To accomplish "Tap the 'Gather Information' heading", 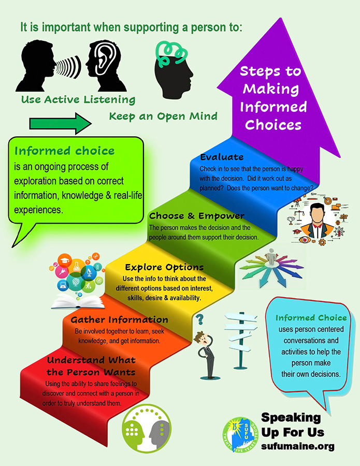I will (x=119, y=319).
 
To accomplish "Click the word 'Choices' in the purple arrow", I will (x=273, y=124).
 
